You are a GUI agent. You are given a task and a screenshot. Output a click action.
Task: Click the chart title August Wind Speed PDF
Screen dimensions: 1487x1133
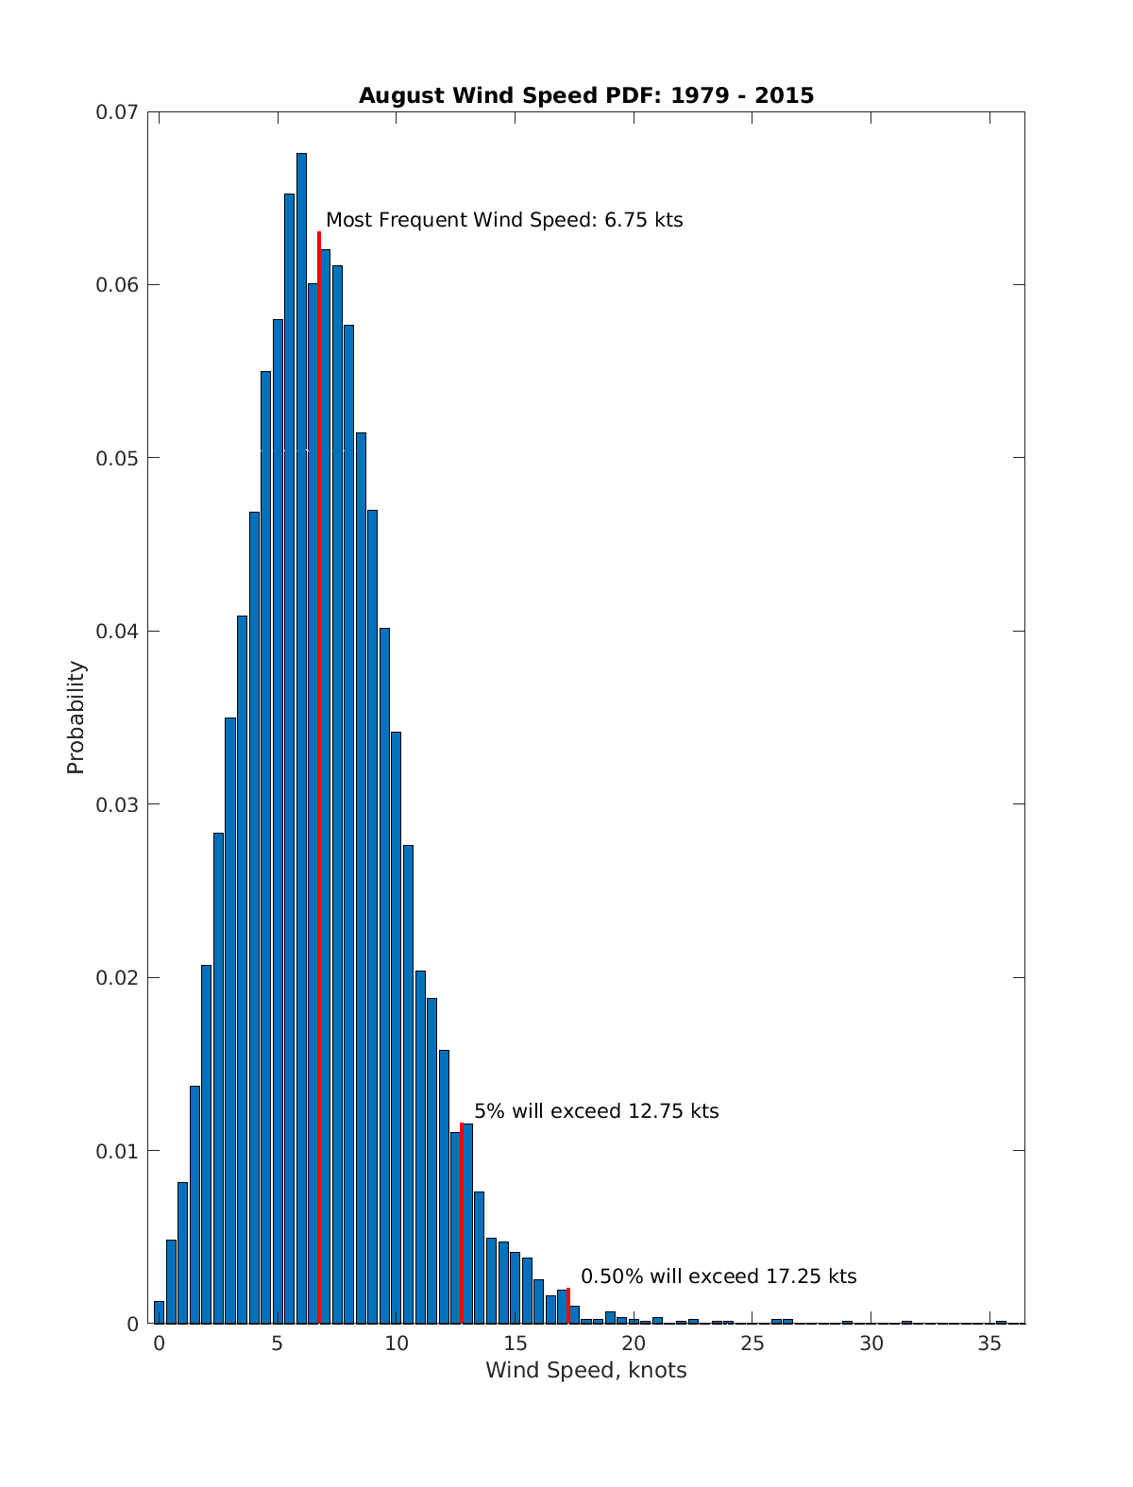click(x=585, y=95)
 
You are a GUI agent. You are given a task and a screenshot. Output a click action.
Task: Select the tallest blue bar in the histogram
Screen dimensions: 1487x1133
click(x=301, y=736)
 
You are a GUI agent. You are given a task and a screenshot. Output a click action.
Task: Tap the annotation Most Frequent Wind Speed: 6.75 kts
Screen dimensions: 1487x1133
click(x=504, y=220)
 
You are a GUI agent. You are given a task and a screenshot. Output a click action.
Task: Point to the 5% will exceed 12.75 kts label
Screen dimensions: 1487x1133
click(x=596, y=1111)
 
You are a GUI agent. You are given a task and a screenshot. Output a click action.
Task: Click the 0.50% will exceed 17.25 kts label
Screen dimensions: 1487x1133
click(x=719, y=1276)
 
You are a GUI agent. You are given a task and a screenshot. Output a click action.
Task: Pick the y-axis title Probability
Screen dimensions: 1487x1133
click(x=76, y=718)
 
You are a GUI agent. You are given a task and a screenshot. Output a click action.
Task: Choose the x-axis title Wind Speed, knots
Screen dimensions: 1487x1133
click(x=585, y=1370)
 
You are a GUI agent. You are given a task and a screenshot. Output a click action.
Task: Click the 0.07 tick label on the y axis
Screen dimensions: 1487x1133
click(x=116, y=112)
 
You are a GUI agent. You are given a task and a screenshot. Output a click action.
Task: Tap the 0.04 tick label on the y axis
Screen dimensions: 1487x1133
click(x=116, y=631)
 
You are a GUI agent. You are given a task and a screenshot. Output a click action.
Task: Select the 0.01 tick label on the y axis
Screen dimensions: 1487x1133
click(x=116, y=1151)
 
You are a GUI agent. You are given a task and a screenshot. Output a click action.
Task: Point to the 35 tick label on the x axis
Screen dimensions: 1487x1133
click(x=989, y=1343)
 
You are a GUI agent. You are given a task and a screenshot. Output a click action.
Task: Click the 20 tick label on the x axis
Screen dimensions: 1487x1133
click(x=634, y=1343)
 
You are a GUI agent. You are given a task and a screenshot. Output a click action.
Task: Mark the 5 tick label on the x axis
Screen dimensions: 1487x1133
click(x=277, y=1343)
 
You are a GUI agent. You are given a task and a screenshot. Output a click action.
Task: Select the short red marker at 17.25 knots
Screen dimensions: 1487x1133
click(x=568, y=1306)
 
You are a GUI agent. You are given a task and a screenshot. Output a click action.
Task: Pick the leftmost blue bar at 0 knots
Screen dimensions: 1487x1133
click(x=159, y=1312)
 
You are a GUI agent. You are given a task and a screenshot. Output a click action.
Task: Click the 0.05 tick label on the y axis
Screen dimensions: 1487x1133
click(x=116, y=458)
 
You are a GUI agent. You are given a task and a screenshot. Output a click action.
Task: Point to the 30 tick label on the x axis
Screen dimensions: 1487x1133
click(x=871, y=1343)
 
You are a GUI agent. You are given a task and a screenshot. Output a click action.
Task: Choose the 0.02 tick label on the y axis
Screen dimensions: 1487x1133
click(x=116, y=977)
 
